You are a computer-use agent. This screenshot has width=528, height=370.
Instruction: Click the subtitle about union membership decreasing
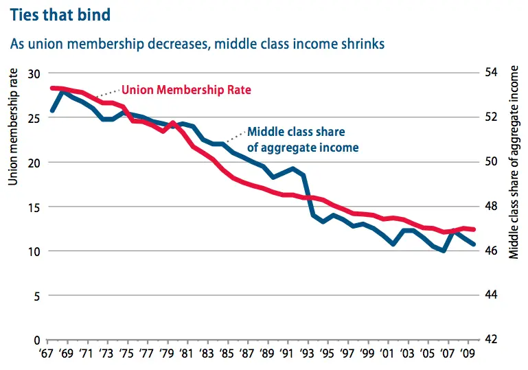click(197, 43)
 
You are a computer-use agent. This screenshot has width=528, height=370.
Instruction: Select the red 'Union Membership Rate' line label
click(186, 90)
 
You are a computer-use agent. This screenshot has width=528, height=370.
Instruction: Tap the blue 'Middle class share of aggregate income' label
click(302, 139)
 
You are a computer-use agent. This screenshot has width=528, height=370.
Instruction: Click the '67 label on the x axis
click(47, 356)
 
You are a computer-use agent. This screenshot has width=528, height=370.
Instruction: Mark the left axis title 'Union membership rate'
click(12, 127)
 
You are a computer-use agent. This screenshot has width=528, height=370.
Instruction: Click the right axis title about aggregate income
click(514, 162)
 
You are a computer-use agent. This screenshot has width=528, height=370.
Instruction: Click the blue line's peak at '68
click(62, 90)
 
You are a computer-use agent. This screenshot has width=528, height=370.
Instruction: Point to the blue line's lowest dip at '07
click(444, 251)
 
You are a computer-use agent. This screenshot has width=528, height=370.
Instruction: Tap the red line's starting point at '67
click(52, 88)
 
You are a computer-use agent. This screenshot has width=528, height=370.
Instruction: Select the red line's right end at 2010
click(473, 229)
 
